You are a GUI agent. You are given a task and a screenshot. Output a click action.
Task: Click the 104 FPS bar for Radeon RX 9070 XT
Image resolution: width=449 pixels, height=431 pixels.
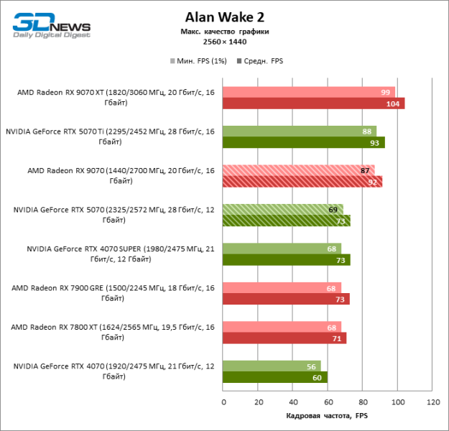[x=313, y=103]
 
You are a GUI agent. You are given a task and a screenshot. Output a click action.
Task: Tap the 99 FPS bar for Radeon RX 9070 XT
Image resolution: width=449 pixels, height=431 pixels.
[x=309, y=92]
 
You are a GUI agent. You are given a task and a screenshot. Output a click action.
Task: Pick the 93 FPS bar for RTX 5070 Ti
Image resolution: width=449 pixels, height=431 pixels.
[x=303, y=142]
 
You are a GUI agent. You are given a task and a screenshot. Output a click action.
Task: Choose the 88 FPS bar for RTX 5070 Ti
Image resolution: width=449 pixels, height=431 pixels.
[x=299, y=131]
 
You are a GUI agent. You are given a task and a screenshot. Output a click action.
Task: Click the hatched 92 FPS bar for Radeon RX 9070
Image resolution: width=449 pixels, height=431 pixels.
[x=302, y=181]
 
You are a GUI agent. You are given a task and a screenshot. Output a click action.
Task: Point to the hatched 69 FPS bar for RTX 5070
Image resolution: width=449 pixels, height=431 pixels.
[x=282, y=209]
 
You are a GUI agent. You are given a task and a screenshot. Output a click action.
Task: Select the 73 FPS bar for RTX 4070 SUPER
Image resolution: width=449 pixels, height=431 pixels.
[x=286, y=259]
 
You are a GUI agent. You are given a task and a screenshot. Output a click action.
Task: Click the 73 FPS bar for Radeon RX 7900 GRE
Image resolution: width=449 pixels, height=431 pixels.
[x=286, y=299]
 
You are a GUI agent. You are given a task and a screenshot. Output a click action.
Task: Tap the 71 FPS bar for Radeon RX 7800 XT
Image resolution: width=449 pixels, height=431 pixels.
[x=284, y=338]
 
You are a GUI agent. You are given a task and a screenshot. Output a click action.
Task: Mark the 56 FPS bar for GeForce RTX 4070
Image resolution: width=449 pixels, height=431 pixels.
[x=272, y=366]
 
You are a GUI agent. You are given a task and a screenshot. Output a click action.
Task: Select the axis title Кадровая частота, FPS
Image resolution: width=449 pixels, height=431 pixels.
[x=327, y=417]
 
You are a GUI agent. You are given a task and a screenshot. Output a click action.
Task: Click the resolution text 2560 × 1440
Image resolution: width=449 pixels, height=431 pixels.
[x=224, y=42]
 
